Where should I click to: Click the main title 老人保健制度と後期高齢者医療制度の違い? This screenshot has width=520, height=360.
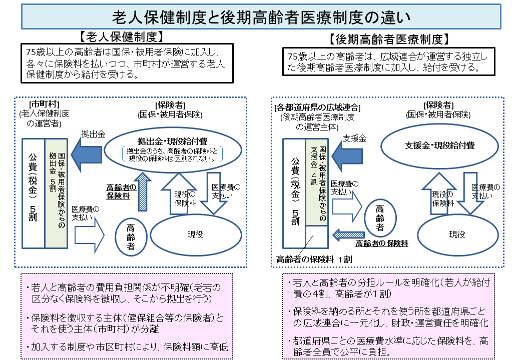point(260,16)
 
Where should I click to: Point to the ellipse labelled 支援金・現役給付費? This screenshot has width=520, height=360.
point(439,145)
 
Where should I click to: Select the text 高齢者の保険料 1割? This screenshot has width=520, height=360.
point(314,258)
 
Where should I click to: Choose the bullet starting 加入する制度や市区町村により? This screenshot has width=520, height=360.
point(125,346)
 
